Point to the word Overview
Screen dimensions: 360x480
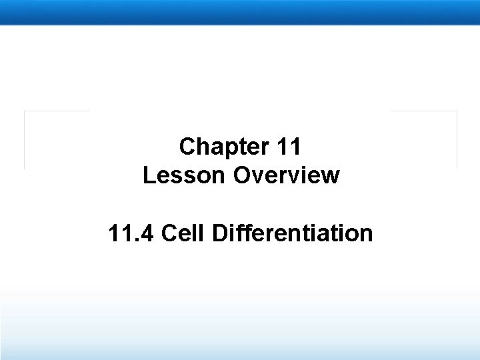(x=287, y=176)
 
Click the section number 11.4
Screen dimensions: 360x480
(x=131, y=233)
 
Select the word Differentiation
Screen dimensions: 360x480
(x=291, y=233)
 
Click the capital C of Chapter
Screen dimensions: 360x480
(x=187, y=146)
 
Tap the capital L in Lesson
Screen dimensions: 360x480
(x=148, y=176)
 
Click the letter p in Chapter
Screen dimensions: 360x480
(x=225, y=148)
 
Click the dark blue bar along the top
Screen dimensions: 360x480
(x=240, y=12)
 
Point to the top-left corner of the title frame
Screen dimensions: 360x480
(x=25, y=111)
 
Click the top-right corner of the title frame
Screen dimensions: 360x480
(x=457, y=111)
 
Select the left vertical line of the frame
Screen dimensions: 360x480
(x=25, y=140)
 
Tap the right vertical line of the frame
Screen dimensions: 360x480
(x=457, y=140)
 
